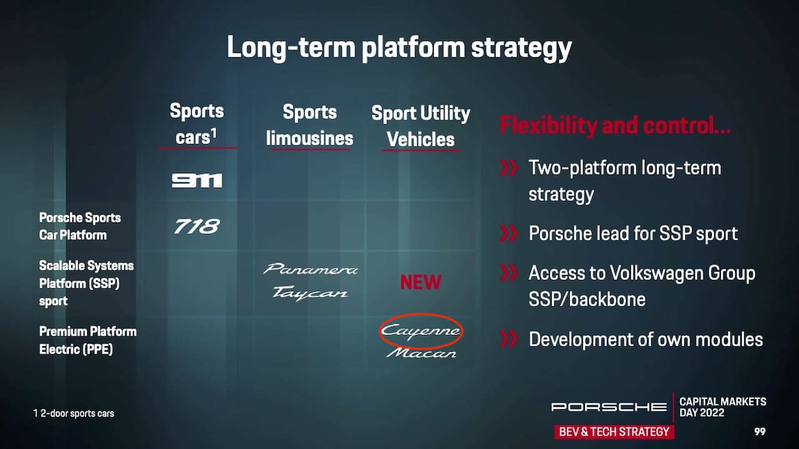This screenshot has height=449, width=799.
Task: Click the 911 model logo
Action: [197, 180]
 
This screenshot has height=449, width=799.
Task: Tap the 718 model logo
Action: [197, 226]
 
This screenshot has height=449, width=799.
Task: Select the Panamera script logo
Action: [310, 269]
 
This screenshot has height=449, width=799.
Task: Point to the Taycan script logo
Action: [310, 293]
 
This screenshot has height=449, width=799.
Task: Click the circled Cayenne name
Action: [421, 331]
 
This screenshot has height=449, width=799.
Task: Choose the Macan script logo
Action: [421, 353]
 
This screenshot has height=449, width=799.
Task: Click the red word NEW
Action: [421, 282]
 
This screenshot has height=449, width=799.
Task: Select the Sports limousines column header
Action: [310, 125]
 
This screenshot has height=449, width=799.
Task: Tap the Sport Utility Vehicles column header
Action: [421, 126]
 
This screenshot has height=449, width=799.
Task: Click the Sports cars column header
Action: [197, 124]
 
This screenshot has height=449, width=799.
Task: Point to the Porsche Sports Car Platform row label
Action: [80, 226]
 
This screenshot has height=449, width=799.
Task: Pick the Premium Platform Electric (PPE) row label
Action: [88, 340]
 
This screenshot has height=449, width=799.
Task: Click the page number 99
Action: [760, 432]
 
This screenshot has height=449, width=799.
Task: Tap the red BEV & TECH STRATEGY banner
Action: [614, 432]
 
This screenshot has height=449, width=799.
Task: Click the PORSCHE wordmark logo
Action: [609, 407]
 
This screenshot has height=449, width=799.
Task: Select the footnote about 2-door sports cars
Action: [74, 413]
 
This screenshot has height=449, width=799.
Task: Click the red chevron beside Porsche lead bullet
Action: [508, 233]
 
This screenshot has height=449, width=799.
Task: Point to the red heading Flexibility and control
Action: [615, 125]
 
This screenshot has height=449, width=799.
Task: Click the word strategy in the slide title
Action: [521, 48]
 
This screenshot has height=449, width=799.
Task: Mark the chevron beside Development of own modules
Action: [508, 339]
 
